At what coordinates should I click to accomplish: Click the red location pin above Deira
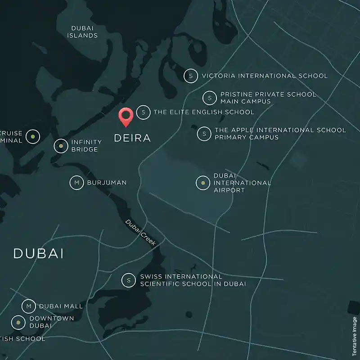125,116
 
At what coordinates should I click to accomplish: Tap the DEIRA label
132,138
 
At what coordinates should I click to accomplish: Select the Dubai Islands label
82,31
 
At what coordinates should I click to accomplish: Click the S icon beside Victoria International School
191,76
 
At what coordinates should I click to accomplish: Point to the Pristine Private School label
268,98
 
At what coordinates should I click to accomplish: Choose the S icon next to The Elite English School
143,112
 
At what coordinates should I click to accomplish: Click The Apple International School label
280,134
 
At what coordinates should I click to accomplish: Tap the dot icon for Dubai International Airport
203,183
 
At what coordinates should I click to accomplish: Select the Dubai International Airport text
242,183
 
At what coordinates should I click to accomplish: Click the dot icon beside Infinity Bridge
61,146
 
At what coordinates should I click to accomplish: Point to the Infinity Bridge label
86,146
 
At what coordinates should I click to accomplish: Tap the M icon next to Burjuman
76,183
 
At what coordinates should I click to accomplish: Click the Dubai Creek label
141,232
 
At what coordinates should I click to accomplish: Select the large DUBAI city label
38,253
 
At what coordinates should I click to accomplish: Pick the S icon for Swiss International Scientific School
129,280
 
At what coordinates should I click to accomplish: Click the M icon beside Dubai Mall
29,306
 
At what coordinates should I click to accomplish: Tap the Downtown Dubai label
45,322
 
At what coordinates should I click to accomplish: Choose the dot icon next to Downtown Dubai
18,322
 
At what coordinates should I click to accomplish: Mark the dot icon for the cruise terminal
32,136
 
